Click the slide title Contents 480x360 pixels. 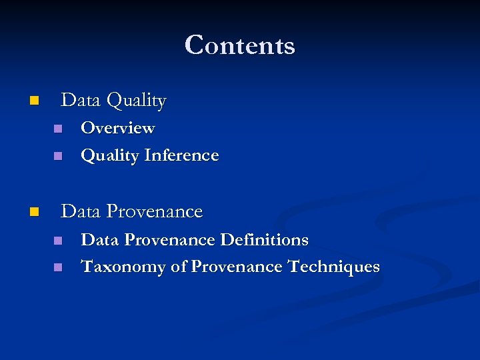pos(240,45)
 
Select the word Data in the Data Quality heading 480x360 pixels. pos(81,101)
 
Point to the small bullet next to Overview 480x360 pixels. pos(58,128)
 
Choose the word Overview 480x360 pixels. pos(117,127)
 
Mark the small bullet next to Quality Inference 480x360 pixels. pos(58,156)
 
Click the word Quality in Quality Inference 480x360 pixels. pos(109,156)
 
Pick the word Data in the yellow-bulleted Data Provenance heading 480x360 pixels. pos(81,211)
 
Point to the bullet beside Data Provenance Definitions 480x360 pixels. pos(58,240)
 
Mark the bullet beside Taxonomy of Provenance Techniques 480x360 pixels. pos(58,267)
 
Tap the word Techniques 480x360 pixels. pos(333,267)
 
